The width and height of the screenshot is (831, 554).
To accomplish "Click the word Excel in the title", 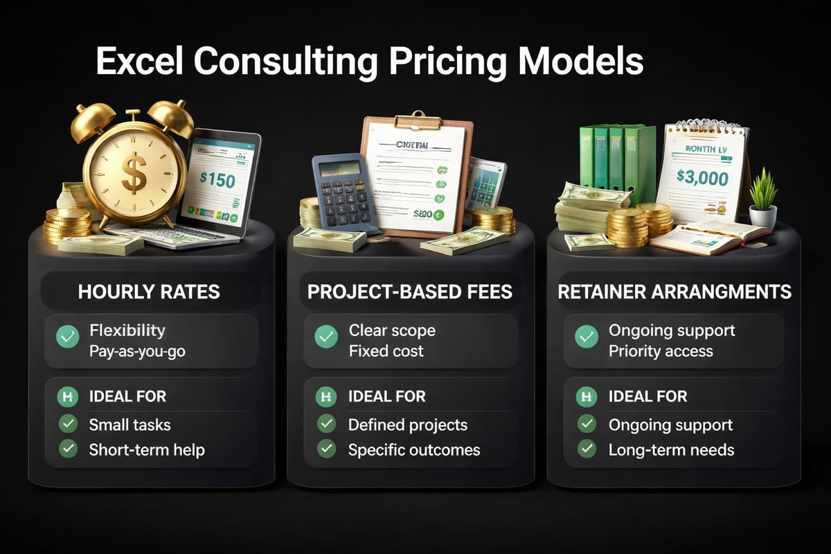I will (x=139, y=61).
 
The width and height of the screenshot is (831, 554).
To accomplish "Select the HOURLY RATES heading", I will (x=149, y=292).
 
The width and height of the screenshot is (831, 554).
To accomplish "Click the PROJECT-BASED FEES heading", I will (x=410, y=292).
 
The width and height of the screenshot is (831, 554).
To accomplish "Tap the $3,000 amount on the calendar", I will (x=702, y=179).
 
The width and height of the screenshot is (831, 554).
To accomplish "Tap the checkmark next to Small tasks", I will (x=68, y=424).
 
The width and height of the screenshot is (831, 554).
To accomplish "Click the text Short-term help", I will (x=147, y=449).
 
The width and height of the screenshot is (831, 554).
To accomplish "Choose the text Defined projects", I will (x=408, y=425).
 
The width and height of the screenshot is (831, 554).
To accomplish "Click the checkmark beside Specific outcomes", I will (x=326, y=449).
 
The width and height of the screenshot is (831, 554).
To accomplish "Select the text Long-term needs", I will (x=671, y=449).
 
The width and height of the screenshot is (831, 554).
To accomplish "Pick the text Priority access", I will (x=661, y=350).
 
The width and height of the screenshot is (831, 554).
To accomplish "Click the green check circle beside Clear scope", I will (x=326, y=337).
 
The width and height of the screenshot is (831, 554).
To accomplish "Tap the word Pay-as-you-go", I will (x=137, y=350).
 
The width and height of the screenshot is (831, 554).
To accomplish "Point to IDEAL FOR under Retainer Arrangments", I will (x=647, y=397).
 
